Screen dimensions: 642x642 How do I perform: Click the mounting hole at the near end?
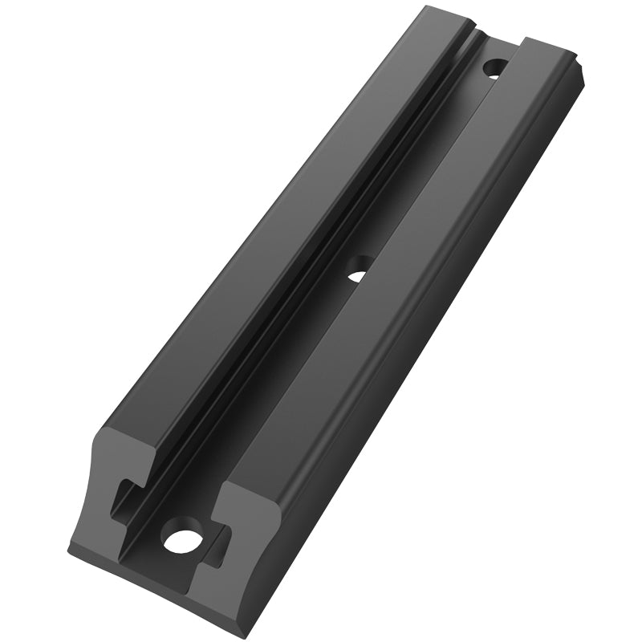coord(181,538)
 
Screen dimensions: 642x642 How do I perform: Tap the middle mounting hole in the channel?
coord(359,269)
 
